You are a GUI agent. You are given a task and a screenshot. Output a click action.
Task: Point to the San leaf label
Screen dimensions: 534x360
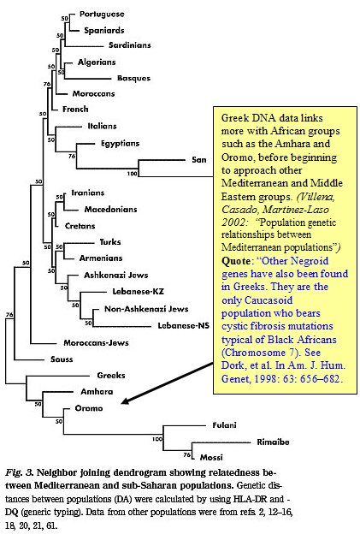pyautogui.click(x=198, y=159)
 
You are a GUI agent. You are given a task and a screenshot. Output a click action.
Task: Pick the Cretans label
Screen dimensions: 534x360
pyautogui.click(x=80, y=226)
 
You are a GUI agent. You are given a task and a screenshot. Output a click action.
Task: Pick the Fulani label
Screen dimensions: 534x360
pyautogui.click(x=224, y=424)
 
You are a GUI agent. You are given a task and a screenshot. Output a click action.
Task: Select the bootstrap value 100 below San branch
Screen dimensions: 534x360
pyautogui.click(x=132, y=175)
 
